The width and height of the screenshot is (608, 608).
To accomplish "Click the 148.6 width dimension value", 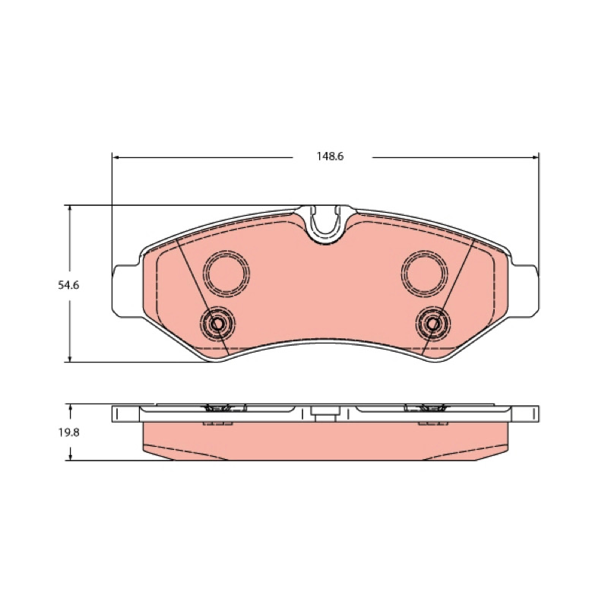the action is point(330,157).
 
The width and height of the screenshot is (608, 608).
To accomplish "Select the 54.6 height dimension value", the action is point(68,286).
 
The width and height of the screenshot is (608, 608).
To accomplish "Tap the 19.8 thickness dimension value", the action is point(69,432).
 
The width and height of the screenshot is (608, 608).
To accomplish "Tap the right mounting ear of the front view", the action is point(524,291).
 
